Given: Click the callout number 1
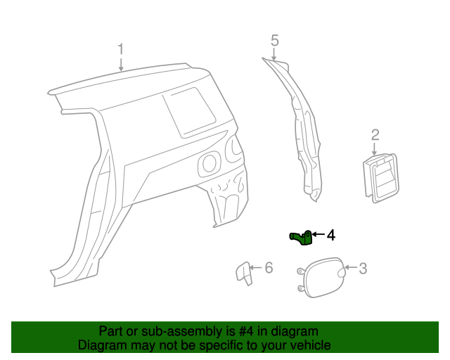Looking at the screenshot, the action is [121, 49].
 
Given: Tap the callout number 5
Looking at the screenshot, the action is [275, 41].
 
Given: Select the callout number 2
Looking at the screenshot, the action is [375, 135].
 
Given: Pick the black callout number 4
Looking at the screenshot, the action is [331, 235].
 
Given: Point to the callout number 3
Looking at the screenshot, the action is [363, 269].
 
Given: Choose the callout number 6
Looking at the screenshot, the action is [269, 268].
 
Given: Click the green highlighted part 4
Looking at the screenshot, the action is [301, 238].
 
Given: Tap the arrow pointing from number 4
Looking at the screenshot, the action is [319, 235].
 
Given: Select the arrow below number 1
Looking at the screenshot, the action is [121, 65].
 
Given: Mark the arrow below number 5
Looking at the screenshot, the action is [274, 55].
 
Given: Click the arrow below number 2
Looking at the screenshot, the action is [374, 149].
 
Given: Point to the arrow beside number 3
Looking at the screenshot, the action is [351, 267].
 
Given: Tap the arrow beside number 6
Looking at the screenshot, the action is [256, 268].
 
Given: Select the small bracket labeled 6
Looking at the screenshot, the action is [244, 273].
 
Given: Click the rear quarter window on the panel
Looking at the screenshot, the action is [189, 112].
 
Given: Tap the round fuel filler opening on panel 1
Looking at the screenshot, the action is [210, 164].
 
